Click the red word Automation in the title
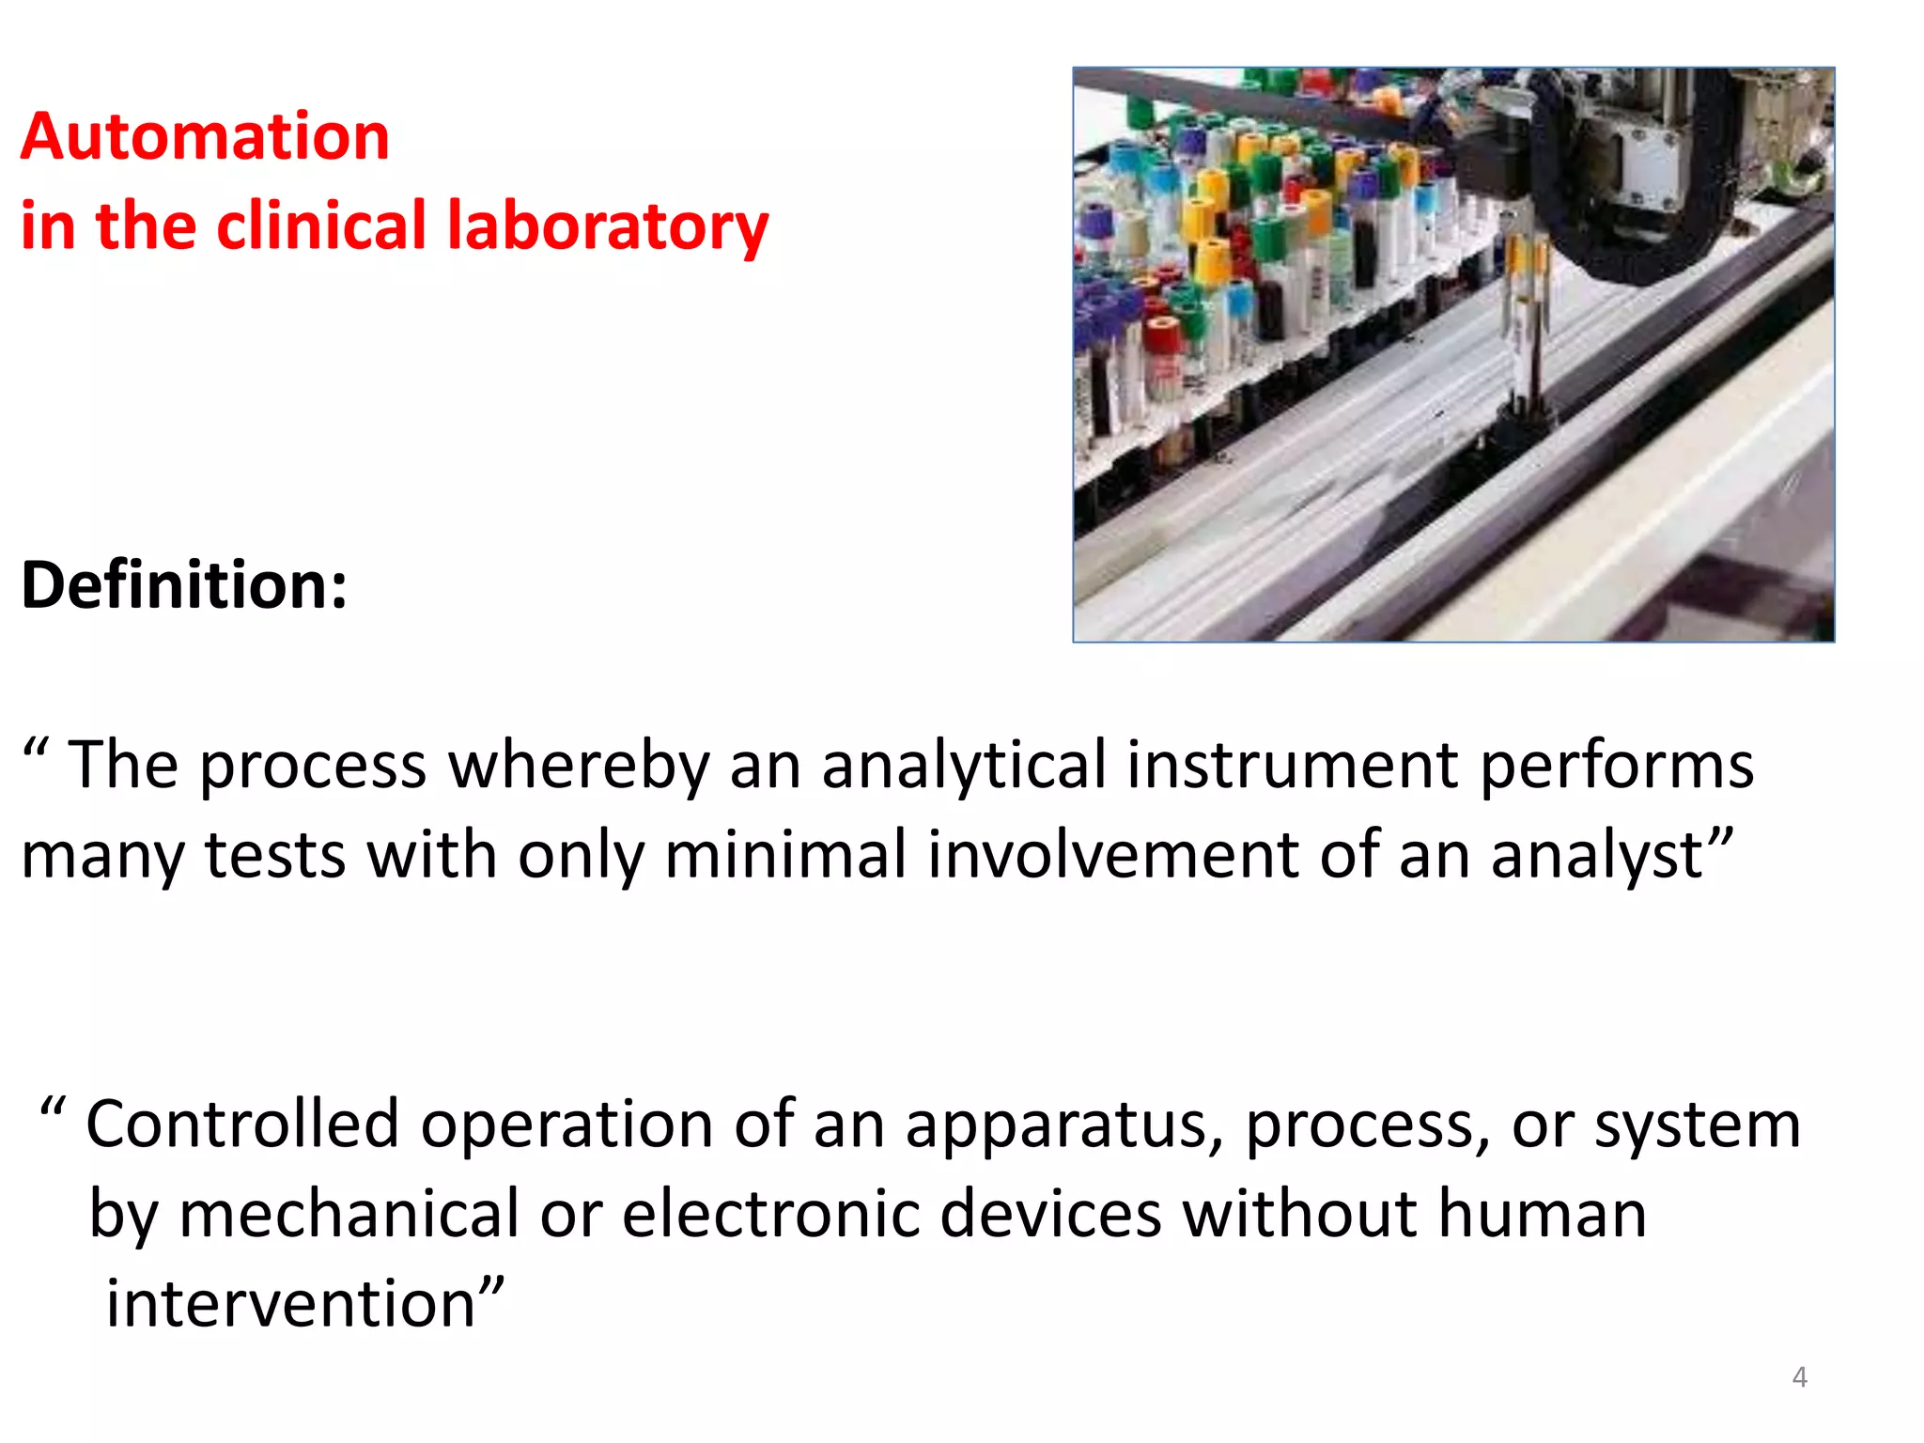coord(205,137)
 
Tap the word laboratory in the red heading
coord(607,227)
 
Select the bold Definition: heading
coord(184,585)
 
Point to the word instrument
coord(1293,765)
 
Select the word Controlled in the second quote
coord(242,1124)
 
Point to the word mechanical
coord(349,1214)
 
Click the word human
coord(1542,1214)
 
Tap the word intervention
coord(291,1304)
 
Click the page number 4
coord(1799,1377)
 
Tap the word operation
coord(566,1125)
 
